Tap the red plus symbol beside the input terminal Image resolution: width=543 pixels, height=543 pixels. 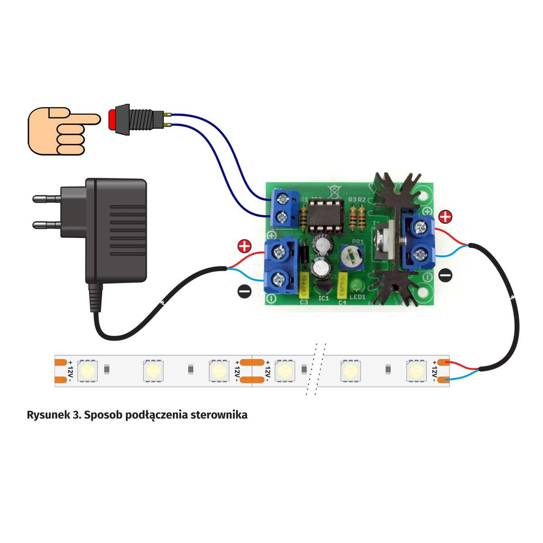[x=244, y=247]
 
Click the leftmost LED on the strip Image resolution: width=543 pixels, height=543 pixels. [x=86, y=371]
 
